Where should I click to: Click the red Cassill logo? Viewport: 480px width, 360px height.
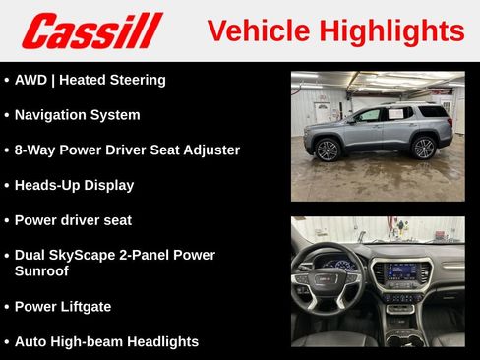91,30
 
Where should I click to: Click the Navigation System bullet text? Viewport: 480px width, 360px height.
77,115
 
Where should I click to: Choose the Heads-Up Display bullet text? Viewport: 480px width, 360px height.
74,185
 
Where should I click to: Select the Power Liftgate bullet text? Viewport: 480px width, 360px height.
63,307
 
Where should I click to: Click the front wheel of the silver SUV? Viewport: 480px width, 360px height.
328,150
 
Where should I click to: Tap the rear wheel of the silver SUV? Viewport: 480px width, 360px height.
424,148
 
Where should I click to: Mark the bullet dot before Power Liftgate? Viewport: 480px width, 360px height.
7,307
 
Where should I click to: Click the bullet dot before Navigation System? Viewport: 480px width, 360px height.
7,115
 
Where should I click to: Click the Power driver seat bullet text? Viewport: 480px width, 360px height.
73,220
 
